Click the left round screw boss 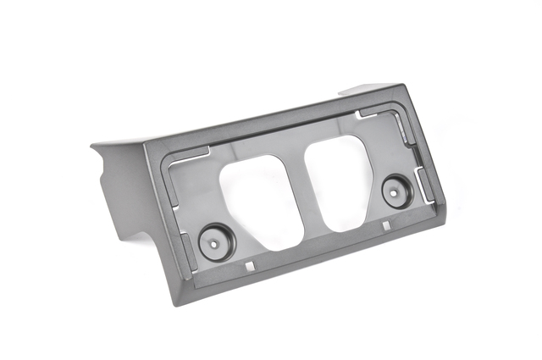[x=215, y=241]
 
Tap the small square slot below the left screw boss [x=251, y=267]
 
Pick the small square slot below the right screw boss [x=386, y=226]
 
